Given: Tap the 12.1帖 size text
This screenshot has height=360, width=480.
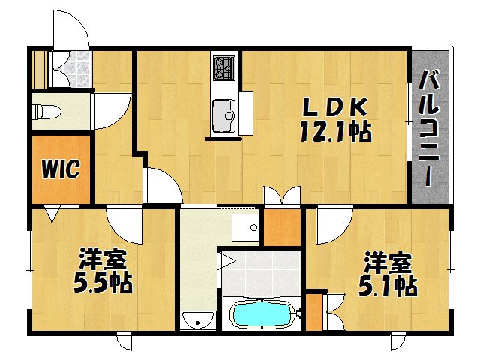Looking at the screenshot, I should pyautogui.click(x=335, y=132).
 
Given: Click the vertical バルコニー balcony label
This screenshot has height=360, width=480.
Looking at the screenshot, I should pyautogui.click(x=430, y=127).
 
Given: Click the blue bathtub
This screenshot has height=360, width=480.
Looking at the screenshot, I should pyautogui.click(x=259, y=314).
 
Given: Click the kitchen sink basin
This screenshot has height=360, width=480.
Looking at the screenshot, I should pyautogui.click(x=223, y=114).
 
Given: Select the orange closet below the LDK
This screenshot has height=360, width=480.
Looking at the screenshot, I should pyautogui.click(x=283, y=228).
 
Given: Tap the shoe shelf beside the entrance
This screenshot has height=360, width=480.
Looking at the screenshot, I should pyautogui.click(x=39, y=68).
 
